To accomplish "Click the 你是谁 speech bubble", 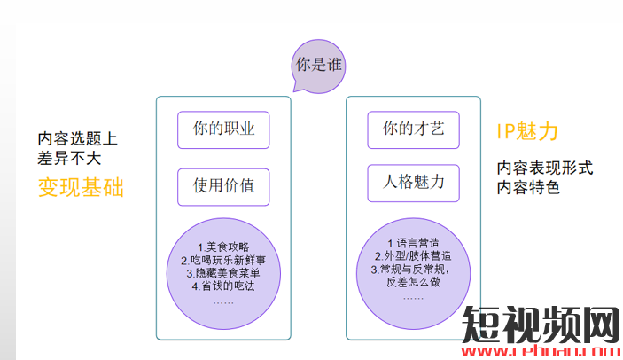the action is click(x=319, y=66).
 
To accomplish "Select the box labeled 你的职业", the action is click(x=223, y=130).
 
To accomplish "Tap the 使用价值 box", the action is click(x=223, y=187).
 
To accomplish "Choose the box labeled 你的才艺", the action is click(x=413, y=130).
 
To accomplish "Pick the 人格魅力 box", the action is click(x=413, y=184).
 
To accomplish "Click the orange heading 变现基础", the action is click(x=81, y=187).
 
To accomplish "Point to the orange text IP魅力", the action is click(x=527, y=131).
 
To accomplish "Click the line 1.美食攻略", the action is click(x=223, y=247).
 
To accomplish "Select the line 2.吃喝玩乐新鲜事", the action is click(x=223, y=260).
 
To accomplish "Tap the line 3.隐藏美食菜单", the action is click(x=223, y=273).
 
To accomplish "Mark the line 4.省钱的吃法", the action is click(x=223, y=286).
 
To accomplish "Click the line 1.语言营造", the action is click(x=413, y=243).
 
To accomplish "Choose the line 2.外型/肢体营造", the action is click(x=413, y=256).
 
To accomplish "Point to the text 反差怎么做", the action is click(x=413, y=282).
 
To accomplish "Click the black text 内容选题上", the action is click(x=77, y=138).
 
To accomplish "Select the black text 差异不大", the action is click(x=69, y=158).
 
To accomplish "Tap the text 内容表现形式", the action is click(x=545, y=168).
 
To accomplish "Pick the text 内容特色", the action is click(x=528, y=187).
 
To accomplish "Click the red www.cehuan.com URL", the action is click(x=541, y=351).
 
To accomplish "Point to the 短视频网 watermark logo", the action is click(x=541, y=325).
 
